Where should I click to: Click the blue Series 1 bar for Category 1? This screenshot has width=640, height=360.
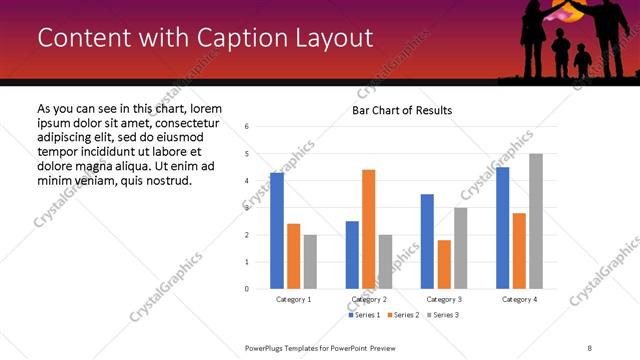277,231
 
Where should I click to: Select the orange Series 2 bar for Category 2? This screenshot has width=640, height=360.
368,229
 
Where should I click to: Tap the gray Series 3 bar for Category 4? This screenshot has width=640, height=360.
536,221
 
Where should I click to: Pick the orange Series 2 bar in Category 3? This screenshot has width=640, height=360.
444,264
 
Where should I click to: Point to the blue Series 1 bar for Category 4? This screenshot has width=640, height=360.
502,228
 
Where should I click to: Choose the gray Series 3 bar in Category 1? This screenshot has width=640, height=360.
310,262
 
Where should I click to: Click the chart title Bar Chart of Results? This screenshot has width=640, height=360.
402,110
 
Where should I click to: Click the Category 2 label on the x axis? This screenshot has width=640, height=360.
369,299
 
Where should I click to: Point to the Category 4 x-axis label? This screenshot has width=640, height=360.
519,299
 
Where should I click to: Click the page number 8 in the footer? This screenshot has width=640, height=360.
589,347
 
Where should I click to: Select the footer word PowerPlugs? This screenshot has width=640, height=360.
268,347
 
